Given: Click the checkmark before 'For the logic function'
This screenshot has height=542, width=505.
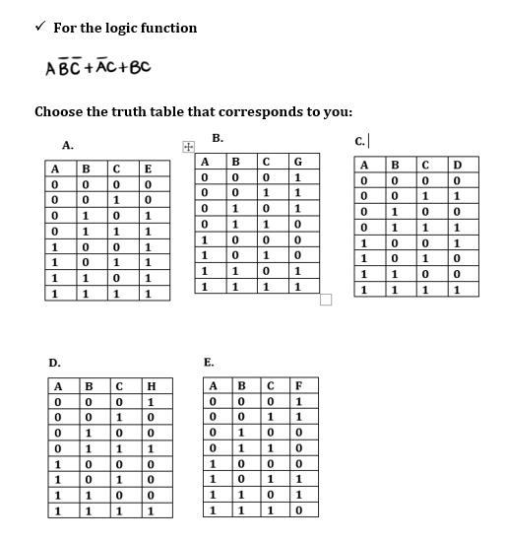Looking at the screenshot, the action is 38,27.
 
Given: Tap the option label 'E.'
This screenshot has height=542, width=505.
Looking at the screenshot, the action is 209,363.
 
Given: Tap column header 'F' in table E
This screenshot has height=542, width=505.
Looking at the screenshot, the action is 297,386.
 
